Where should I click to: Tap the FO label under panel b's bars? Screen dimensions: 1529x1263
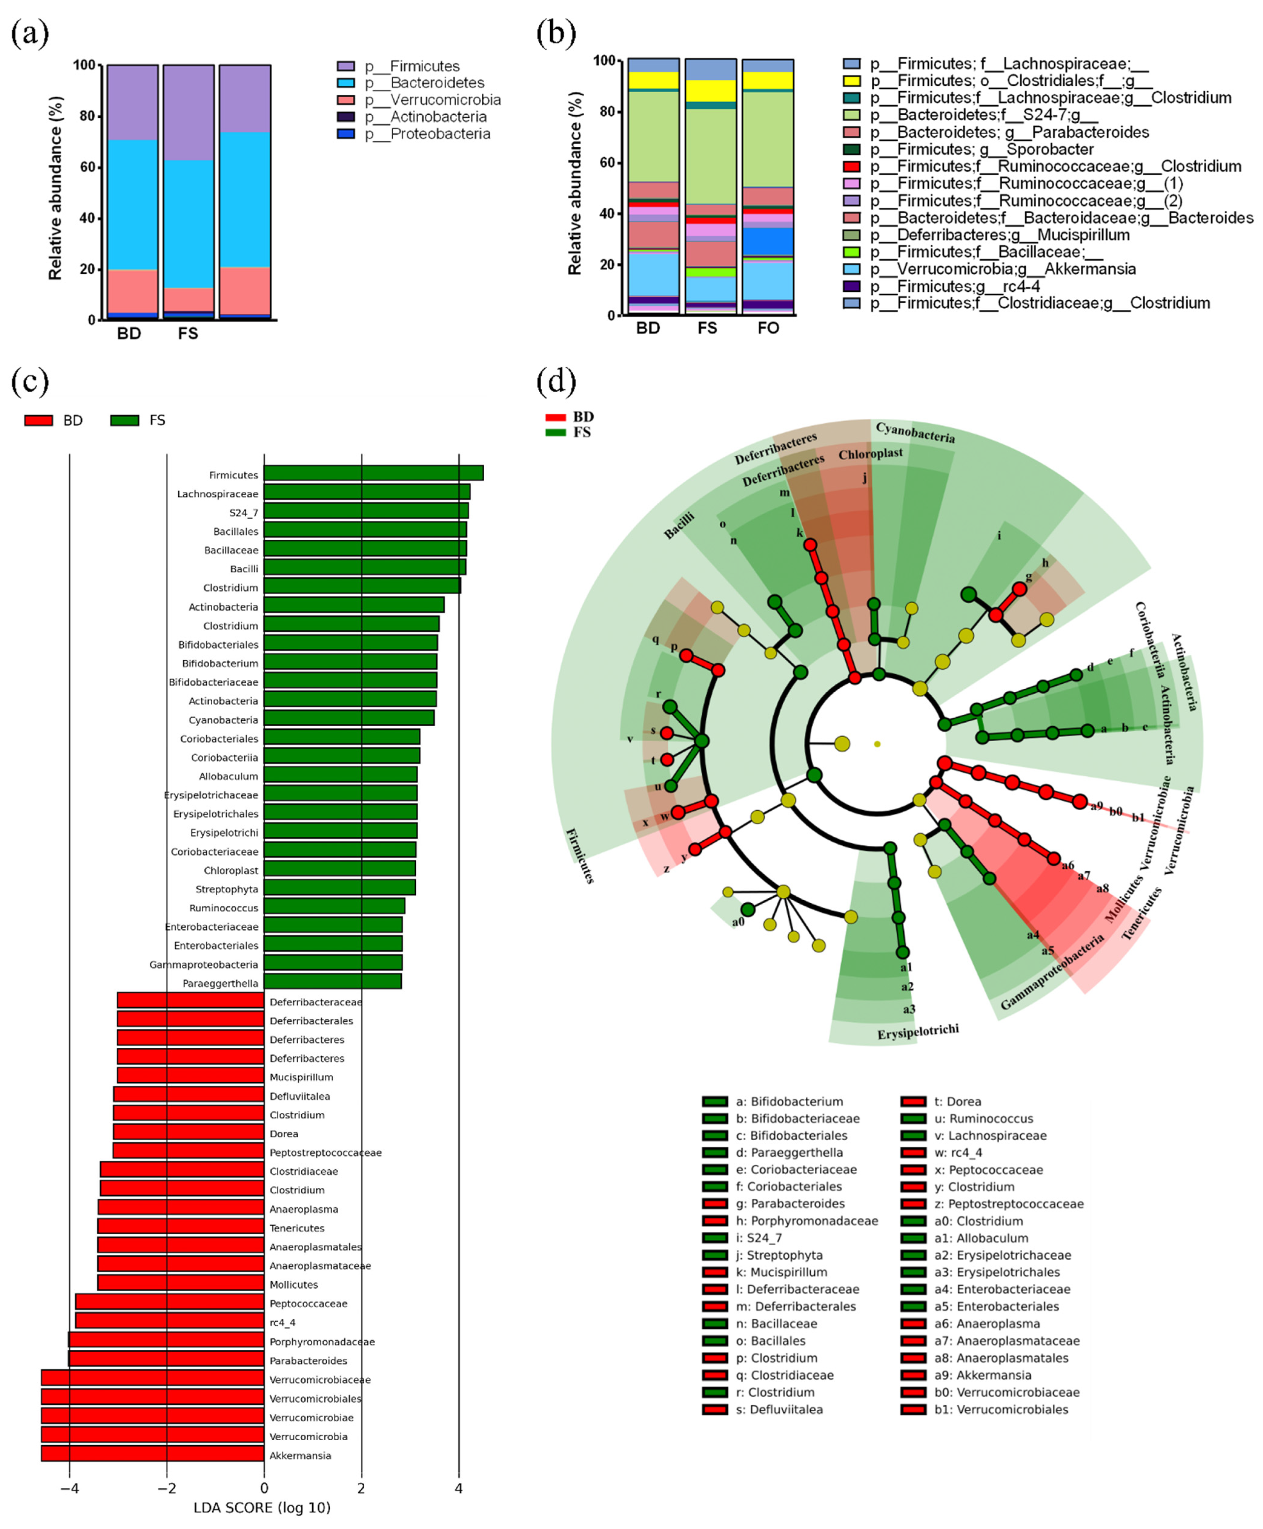coord(768,328)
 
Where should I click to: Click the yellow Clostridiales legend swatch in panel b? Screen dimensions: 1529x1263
coord(851,81)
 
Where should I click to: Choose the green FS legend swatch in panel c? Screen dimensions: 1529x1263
coord(124,420)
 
